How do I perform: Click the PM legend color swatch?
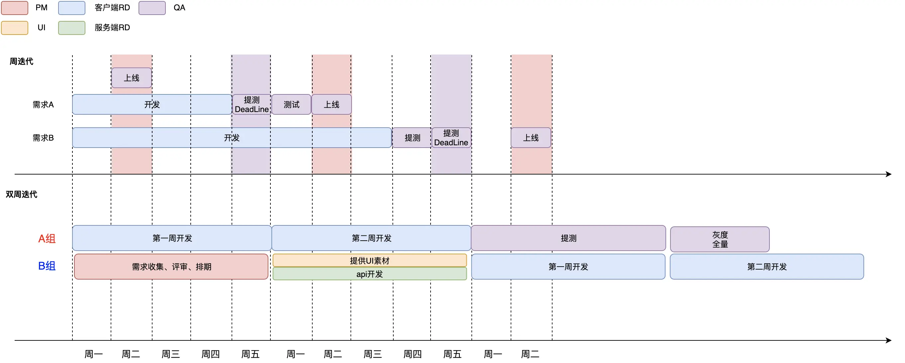[14, 8]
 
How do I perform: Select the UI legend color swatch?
[14, 28]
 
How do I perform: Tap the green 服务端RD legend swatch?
[72, 28]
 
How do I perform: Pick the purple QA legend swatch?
[152, 8]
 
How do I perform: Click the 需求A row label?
[43, 105]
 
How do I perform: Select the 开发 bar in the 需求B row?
[232, 138]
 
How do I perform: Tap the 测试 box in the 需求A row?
[291, 105]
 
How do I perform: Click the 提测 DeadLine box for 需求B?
[451, 138]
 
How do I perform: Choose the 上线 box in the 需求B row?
[531, 138]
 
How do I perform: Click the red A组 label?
[47, 239]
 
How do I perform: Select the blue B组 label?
[47, 266]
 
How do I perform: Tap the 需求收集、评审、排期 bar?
[171, 267]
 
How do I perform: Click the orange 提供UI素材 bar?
[369, 260]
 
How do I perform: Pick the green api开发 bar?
[369, 274]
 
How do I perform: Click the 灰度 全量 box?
[720, 239]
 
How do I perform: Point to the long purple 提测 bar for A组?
[568, 238]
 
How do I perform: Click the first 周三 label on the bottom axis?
[171, 354]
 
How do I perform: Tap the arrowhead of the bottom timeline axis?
[889, 340]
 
